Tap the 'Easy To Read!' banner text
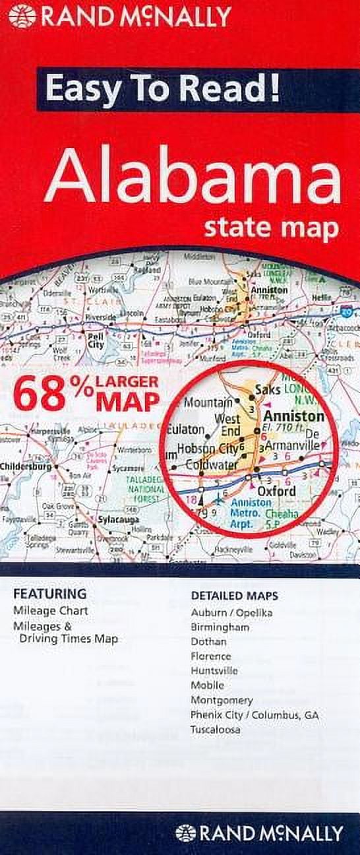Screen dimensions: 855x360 pos(162,89)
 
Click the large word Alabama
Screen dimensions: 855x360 pos(193,179)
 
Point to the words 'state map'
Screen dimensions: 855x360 pos(271,228)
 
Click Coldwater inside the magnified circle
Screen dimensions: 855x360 pos(211,464)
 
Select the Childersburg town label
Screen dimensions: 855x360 pos(26,466)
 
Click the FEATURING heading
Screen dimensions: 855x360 pos(50,594)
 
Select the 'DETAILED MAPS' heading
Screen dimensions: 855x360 pos(235,596)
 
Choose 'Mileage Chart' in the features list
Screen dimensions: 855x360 pos(51,611)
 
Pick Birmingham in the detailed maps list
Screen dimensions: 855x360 pos(220,627)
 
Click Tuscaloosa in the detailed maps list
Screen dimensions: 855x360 pos(216,730)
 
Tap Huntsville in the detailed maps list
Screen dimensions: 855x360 pos(215,670)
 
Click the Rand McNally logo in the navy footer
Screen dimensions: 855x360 pos(259,833)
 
